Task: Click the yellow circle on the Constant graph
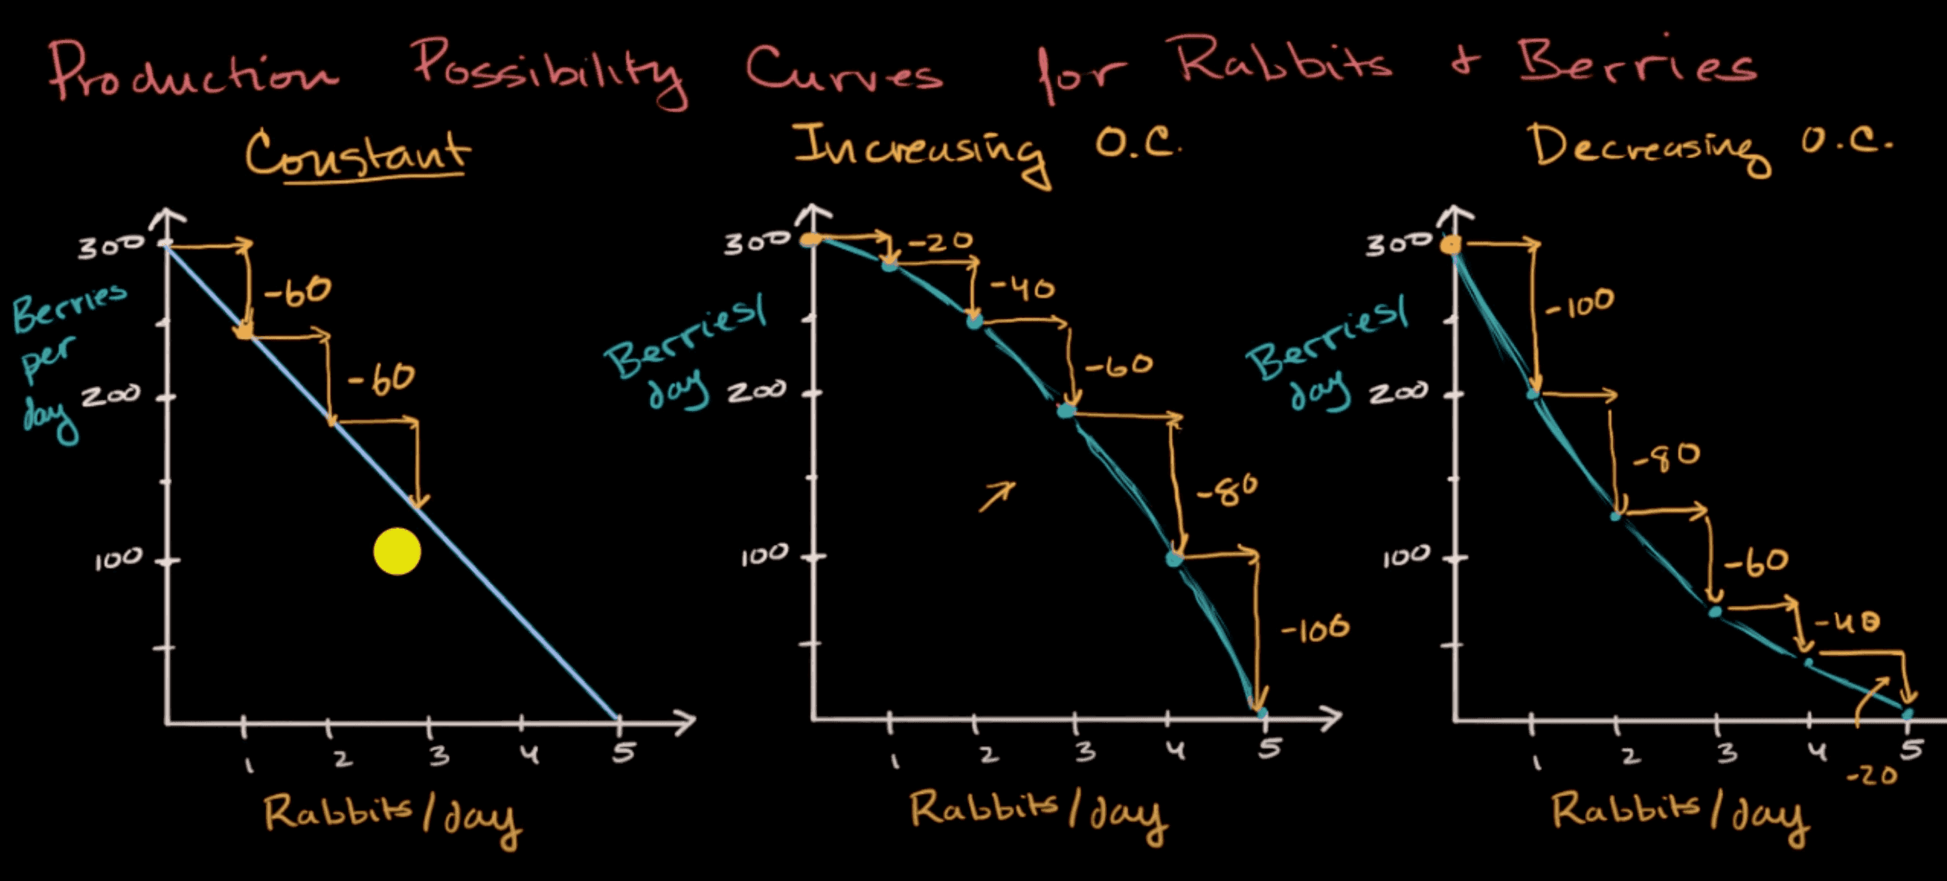click(x=397, y=551)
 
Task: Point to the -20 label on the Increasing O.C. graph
click(x=940, y=242)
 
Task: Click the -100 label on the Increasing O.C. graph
click(x=1314, y=629)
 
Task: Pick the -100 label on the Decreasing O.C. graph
click(x=1580, y=303)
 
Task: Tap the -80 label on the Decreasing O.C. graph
click(x=1667, y=456)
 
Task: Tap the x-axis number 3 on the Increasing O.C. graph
click(x=1085, y=751)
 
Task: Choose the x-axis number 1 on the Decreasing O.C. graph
click(x=1536, y=762)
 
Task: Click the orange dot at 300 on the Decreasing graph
click(x=1450, y=245)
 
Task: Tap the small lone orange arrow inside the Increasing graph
click(x=997, y=497)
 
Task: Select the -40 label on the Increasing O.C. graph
click(x=1022, y=288)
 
